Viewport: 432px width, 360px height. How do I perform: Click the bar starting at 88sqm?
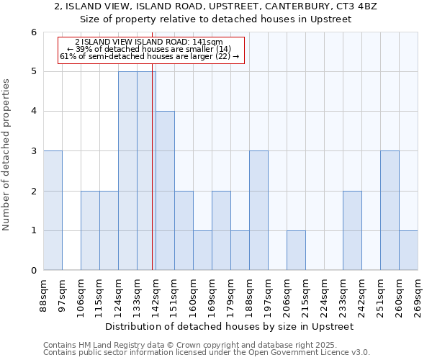click(x=53, y=210)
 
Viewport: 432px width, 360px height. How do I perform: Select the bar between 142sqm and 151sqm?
click(x=165, y=191)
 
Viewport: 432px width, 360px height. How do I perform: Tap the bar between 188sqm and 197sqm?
click(x=258, y=210)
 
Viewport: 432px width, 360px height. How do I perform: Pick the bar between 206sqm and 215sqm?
click(x=296, y=251)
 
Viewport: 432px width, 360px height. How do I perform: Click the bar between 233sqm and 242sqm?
click(x=352, y=230)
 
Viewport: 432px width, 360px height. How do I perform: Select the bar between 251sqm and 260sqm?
click(x=390, y=210)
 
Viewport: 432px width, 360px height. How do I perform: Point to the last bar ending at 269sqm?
click(x=408, y=251)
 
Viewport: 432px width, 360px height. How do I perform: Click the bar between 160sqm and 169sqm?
click(x=202, y=251)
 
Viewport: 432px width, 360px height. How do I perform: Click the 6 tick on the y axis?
click(x=33, y=32)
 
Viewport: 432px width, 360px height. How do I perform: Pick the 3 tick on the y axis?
click(x=33, y=151)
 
